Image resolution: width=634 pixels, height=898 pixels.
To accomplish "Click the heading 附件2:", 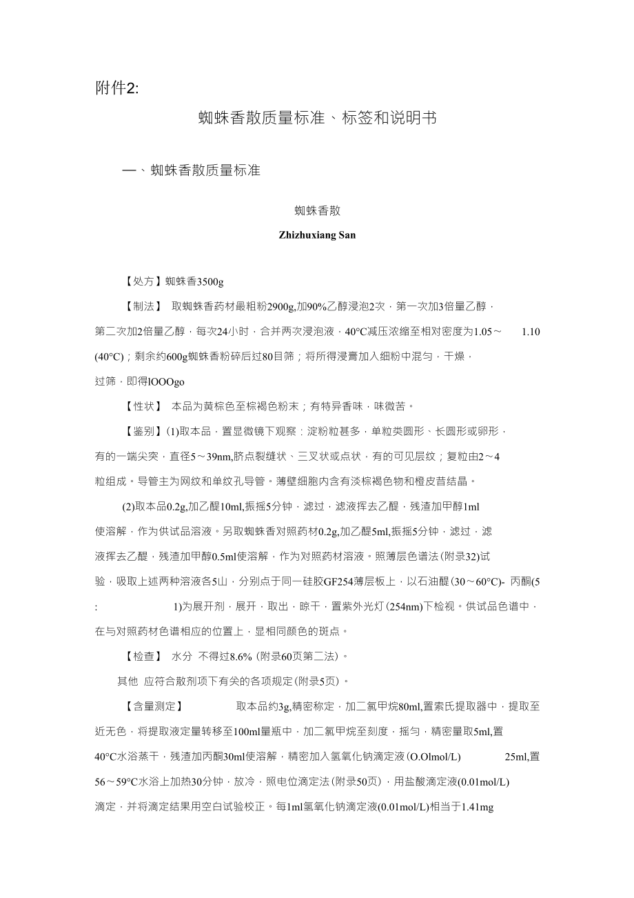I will point(117,88).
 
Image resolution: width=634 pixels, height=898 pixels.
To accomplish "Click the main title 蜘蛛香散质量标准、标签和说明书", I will point(317,118).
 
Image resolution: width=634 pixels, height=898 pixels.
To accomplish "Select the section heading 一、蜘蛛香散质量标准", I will point(191,170).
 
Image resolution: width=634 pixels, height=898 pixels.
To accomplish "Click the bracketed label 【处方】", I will point(143,281).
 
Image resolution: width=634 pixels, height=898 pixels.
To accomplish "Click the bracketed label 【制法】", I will point(143,306).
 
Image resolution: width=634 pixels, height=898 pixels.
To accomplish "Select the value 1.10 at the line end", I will point(531,331).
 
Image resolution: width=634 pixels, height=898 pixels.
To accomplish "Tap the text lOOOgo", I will point(166,381).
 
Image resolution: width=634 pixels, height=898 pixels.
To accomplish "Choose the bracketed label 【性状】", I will point(143,406).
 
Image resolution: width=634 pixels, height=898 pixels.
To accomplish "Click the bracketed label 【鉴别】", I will point(143,431).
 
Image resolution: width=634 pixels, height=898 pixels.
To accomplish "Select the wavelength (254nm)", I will point(411,606).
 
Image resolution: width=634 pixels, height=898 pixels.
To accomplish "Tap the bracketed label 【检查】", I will point(143,656).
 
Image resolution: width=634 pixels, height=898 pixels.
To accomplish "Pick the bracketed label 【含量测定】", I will point(153,706).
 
